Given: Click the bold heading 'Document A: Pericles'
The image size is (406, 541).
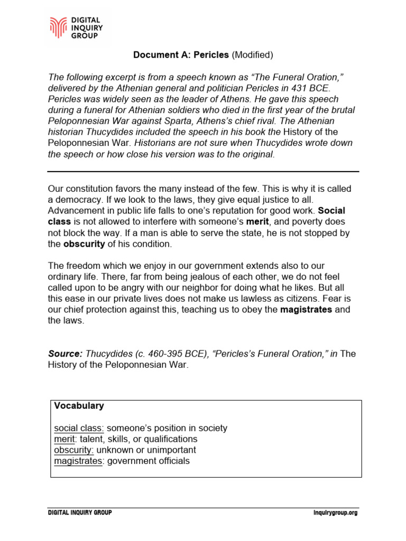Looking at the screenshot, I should [181, 55].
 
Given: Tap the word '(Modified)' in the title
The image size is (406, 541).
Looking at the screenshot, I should [252, 55].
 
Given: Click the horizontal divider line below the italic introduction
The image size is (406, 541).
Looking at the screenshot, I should [203, 172].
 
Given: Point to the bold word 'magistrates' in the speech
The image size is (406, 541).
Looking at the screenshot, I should [306, 310].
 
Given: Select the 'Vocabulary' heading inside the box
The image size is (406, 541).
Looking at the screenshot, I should [79, 406].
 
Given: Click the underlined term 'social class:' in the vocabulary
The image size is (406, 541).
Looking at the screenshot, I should [79, 428].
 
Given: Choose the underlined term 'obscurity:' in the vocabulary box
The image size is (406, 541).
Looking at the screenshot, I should [74, 450].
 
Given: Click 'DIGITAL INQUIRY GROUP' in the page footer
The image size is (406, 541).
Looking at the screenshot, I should [80, 513].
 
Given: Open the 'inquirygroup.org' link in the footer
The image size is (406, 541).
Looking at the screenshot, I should [335, 513].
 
